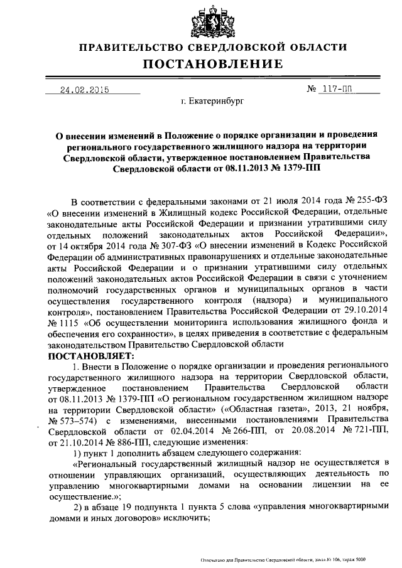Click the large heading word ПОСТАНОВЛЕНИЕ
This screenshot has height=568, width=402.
pos(210,65)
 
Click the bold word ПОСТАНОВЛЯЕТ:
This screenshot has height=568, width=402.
pos(87,355)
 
